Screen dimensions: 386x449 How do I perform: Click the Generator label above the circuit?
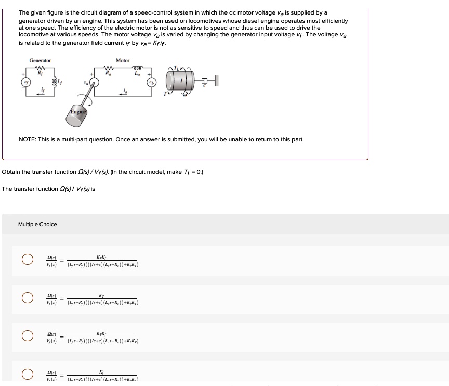pos(40,61)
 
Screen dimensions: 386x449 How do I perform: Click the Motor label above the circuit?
pos(123,61)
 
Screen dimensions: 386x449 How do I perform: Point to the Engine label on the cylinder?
pos(77,112)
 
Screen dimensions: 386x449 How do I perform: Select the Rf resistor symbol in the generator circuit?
pos(41,69)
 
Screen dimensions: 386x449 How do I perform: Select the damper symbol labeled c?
pos(206,80)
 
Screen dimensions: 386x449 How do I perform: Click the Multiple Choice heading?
pos(37,225)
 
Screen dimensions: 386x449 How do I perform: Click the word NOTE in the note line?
pos(27,140)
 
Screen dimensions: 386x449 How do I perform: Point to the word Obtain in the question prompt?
pos(11,172)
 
